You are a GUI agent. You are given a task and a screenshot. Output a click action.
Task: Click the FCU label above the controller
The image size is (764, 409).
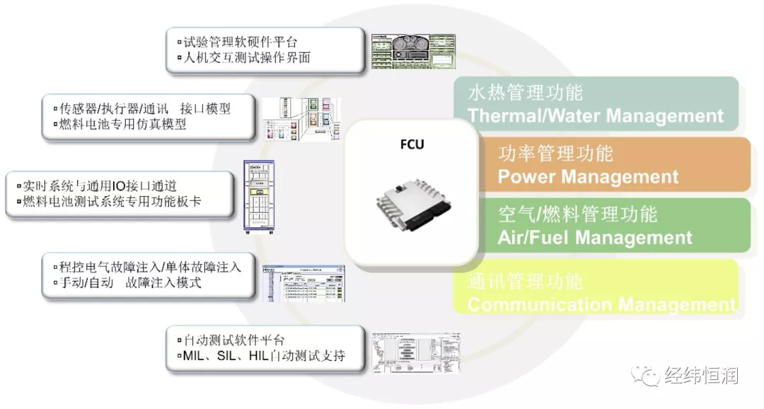click(x=412, y=145)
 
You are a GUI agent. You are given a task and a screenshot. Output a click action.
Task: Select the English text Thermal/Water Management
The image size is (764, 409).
click(x=596, y=116)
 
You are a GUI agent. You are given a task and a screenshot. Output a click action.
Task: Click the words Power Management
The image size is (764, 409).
click(x=588, y=177)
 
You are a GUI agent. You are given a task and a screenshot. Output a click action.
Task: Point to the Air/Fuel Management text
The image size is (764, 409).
click(x=595, y=238)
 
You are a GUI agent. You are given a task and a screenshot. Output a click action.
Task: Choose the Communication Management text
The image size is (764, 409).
click(x=601, y=305)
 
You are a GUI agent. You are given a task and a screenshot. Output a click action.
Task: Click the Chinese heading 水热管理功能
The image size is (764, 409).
click(x=525, y=93)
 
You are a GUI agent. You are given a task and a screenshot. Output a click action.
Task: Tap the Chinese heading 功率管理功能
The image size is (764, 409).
click(x=555, y=154)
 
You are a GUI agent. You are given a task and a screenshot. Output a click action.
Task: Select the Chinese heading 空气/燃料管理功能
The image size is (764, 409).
click(x=578, y=214)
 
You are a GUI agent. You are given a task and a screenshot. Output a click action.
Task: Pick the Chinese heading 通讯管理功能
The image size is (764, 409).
click(x=525, y=282)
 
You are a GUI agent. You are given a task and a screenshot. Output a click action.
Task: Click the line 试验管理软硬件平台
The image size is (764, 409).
click(x=240, y=42)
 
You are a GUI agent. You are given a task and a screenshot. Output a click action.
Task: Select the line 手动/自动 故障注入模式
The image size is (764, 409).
click(x=130, y=282)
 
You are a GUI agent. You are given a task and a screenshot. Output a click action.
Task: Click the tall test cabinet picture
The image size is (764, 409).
click(x=259, y=199)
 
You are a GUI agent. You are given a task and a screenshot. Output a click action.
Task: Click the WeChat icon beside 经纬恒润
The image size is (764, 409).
click(x=647, y=376)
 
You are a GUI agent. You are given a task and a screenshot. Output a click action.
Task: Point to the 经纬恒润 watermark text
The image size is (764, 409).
click(x=701, y=376)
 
